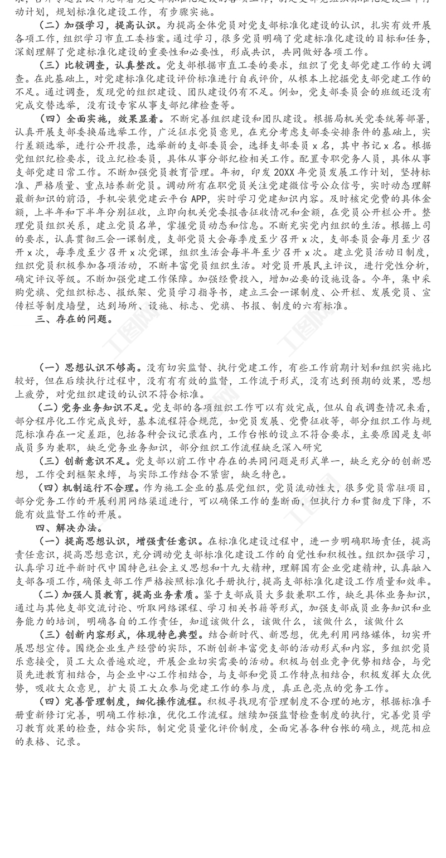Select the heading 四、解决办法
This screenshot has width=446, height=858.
[69, 527]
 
